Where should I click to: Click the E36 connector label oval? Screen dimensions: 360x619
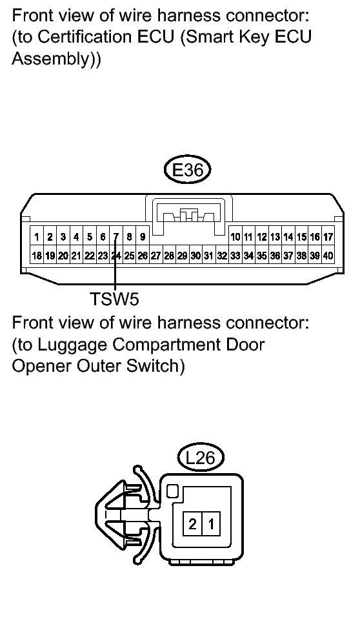(188, 170)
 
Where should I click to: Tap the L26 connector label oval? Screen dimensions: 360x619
(201, 458)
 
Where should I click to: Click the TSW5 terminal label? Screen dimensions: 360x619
(114, 299)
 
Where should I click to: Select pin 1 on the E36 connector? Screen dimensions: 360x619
(37, 237)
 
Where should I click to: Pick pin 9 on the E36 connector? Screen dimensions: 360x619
(143, 237)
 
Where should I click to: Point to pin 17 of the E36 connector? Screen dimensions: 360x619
(328, 237)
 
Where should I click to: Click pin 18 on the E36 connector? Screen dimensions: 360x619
(37, 256)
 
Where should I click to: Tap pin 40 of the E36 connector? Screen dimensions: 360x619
(328, 256)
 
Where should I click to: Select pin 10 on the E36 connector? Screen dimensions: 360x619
(235, 237)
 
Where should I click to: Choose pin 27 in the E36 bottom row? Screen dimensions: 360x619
(156, 256)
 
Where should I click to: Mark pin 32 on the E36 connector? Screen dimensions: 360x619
(222, 256)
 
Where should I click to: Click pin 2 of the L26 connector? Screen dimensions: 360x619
(192, 524)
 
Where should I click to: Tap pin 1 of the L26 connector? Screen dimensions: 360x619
(211, 524)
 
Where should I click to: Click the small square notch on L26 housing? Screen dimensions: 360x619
(172, 491)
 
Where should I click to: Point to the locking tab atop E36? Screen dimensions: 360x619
(188, 216)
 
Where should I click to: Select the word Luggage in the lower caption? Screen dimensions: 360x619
(72, 345)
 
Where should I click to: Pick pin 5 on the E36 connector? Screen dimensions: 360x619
(90, 237)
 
